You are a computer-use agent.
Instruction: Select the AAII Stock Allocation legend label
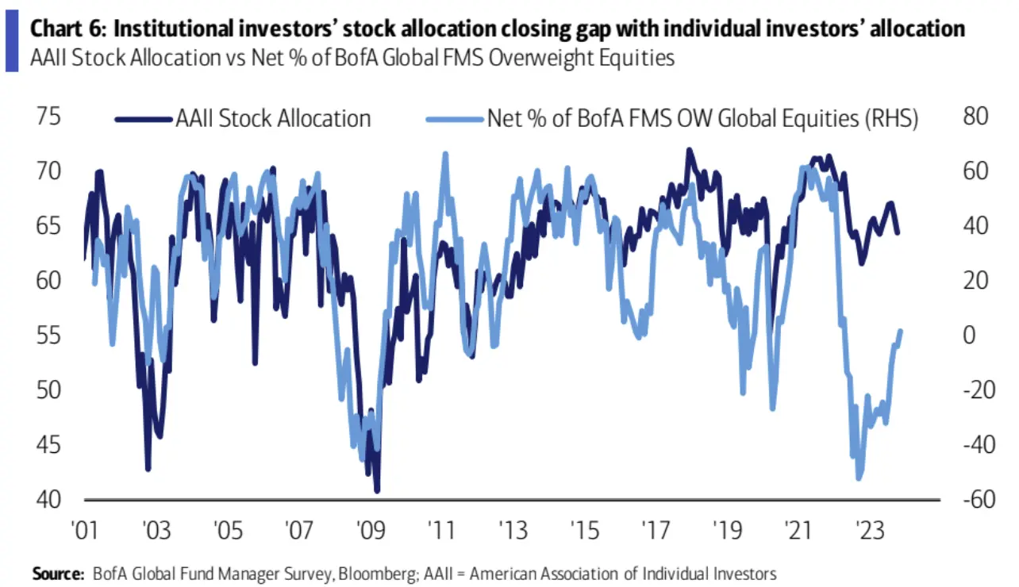[273, 119]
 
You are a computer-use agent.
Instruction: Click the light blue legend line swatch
[455, 120]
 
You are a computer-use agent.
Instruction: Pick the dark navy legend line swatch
[144, 120]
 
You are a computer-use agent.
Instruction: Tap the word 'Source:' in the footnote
[58, 573]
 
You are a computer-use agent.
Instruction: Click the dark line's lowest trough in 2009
[377, 491]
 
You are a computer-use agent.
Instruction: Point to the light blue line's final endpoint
[901, 330]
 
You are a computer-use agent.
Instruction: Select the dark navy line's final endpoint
[898, 233]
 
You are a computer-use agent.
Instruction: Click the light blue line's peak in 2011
[445, 153]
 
